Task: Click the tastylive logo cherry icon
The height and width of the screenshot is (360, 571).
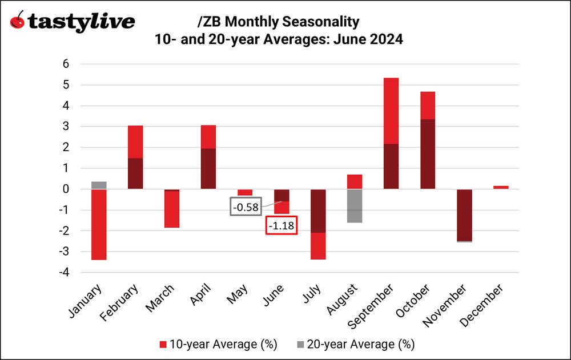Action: pos(18,22)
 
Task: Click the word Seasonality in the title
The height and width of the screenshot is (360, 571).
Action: pos(324,22)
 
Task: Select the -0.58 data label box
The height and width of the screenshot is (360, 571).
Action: pos(245,206)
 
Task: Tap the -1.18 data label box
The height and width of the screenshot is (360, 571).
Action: pos(282,226)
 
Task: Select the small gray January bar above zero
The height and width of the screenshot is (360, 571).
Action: pos(99,185)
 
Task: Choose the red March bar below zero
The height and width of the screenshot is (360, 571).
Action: pos(172,209)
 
